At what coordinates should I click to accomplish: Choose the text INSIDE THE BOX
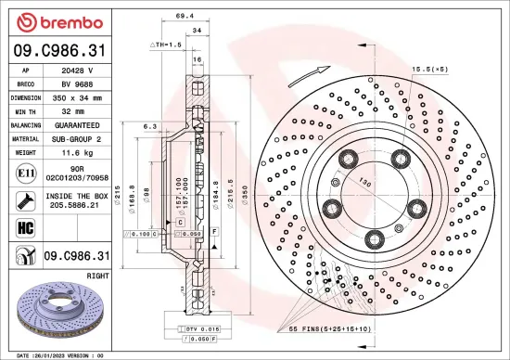point(77,197)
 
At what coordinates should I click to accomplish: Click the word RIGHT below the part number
point(97,276)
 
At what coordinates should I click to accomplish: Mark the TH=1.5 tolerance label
point(167,45)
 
